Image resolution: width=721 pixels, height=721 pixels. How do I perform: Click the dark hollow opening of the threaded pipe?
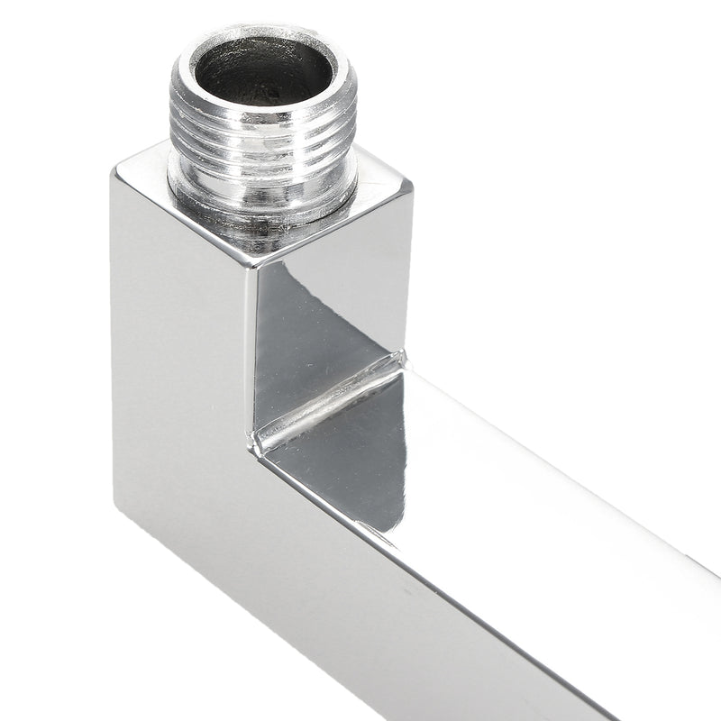(263, 72)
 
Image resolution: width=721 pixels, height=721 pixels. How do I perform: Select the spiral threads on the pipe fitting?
(263, 135)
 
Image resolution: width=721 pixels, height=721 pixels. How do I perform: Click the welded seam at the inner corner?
(329, 401)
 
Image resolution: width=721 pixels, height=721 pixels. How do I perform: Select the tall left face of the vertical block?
(180, 360)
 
